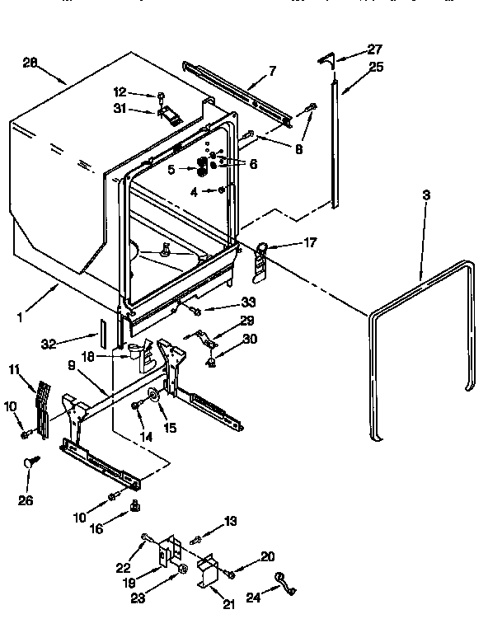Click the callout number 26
click(x=26, y=501)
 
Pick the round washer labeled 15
click(x=154, y=398)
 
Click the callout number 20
click(x=267, y=556)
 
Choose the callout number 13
click(x=231, y=521)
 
